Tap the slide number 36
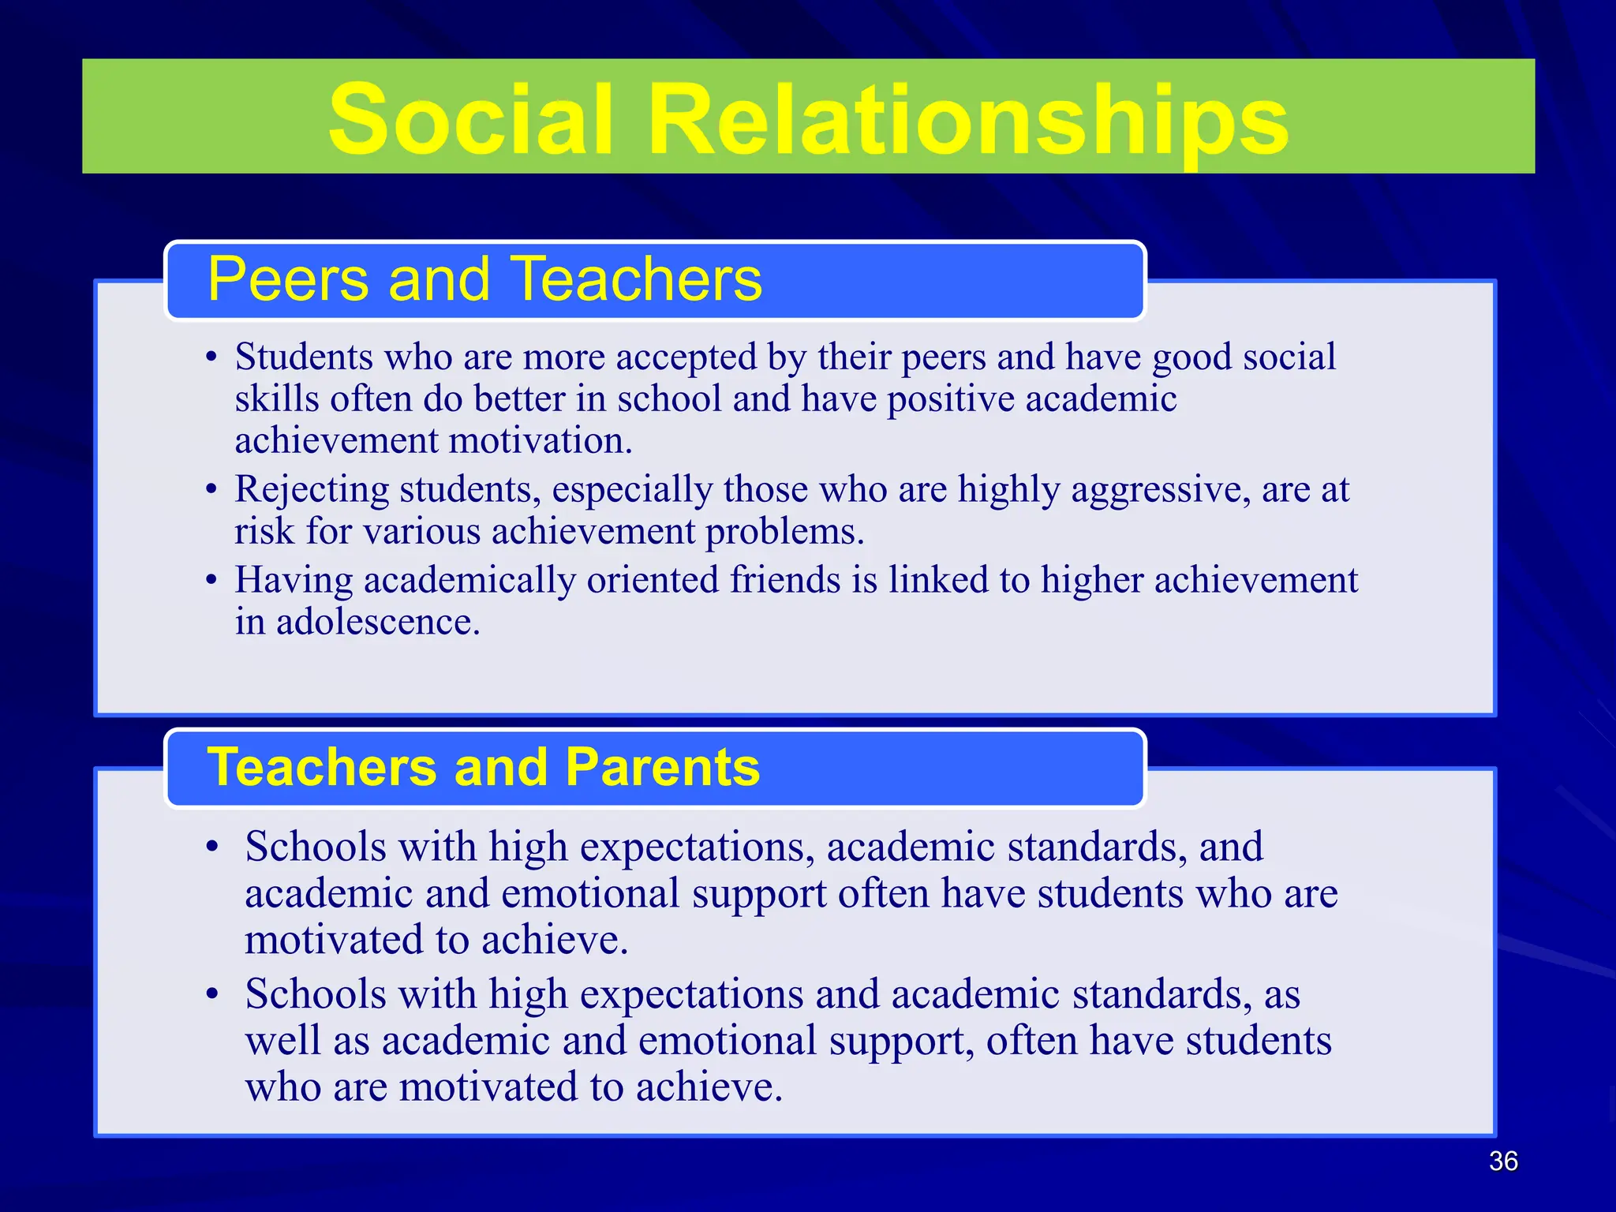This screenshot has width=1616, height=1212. click(1502, 1161)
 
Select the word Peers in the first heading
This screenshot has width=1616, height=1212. click(288, 279)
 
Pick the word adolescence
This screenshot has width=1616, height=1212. click(378, 622)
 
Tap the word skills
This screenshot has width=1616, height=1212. click(277, 398)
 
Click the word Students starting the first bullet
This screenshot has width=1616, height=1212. click(304, 357)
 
